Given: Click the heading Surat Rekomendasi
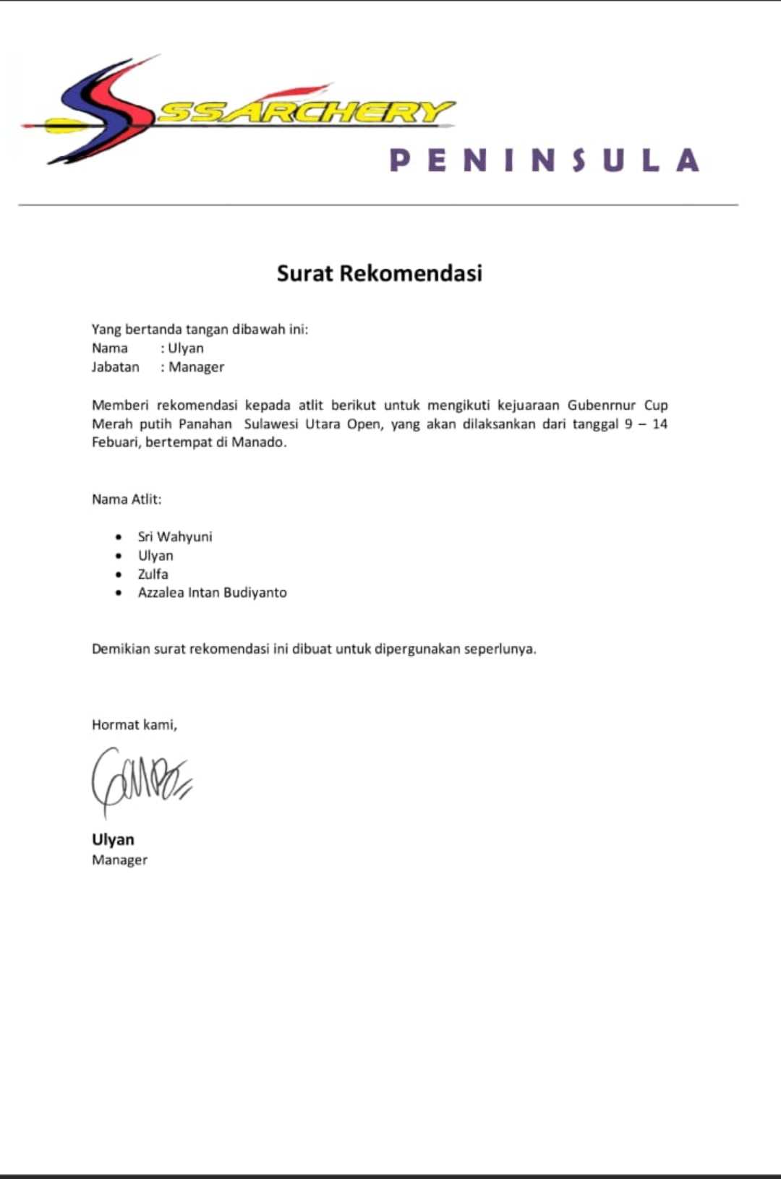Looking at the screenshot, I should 379,273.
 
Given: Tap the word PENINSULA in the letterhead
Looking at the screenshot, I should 544,160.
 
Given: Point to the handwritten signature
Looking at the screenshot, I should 140,781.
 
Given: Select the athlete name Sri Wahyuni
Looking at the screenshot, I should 175,536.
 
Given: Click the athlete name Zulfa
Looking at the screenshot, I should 153,574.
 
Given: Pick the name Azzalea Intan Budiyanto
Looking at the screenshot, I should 212,593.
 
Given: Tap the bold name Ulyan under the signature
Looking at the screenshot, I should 113,839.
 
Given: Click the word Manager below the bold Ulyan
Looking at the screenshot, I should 119,859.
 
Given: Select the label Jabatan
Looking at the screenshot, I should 115,366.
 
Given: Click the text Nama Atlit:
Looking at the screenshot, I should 127,499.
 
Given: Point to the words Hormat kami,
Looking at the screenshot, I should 135,724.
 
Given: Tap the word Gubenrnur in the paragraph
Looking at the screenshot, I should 601,405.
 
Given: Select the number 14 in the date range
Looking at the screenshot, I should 660,424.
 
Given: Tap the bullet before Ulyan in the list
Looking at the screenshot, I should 119,555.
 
